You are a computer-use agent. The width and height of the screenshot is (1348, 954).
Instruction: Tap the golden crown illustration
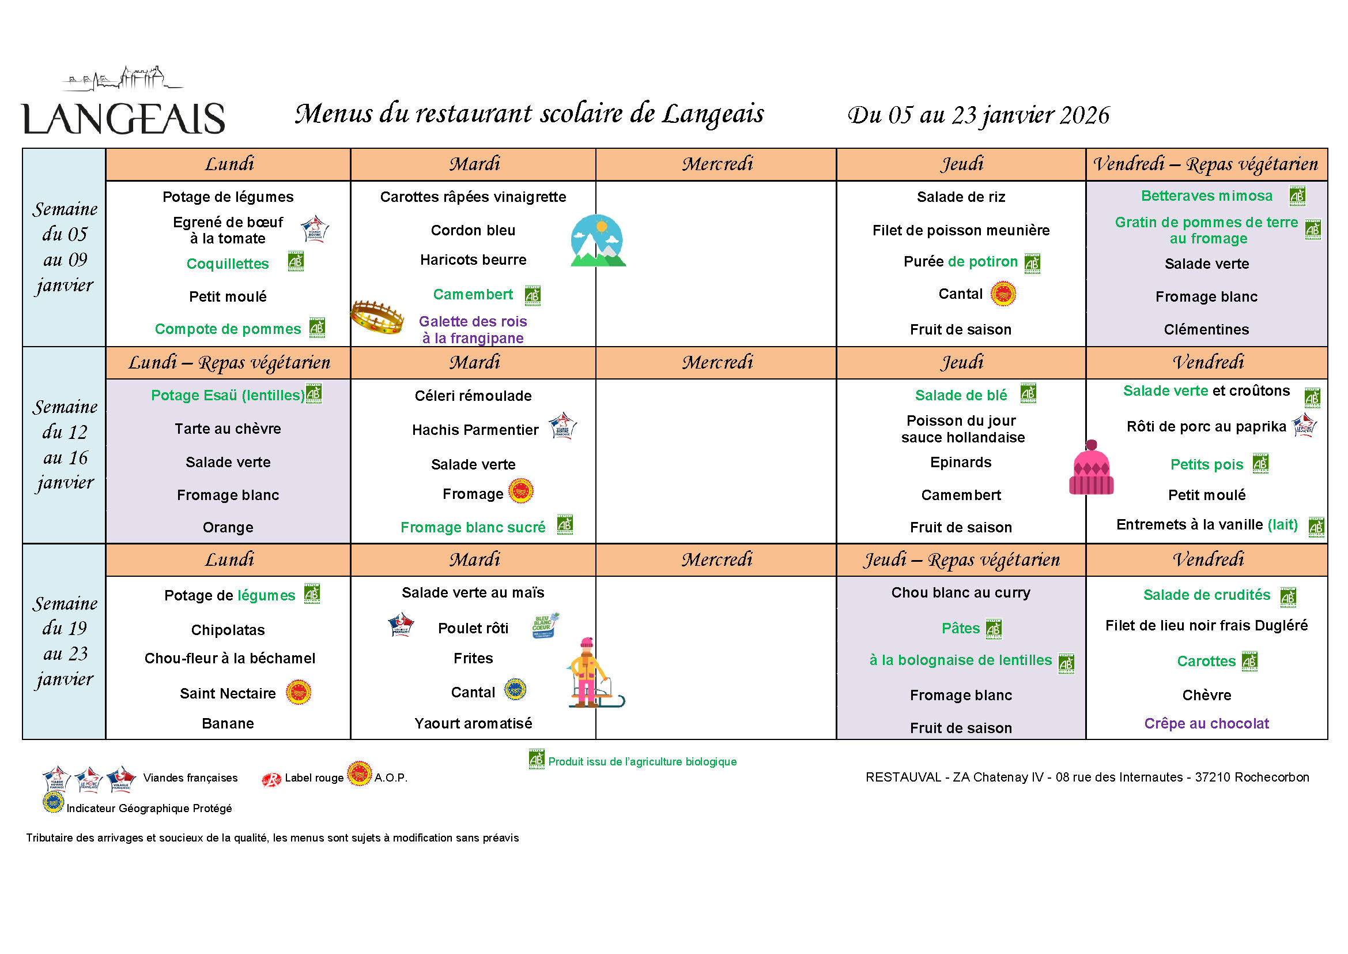click(377, 317)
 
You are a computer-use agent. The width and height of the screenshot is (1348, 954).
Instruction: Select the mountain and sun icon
click(597, 241)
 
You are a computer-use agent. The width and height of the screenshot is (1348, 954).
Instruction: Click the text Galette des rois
click(473, 321)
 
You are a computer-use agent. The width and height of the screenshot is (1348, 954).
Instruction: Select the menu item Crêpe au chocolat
click(1206, 723)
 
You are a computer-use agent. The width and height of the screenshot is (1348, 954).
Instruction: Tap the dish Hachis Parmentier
click(475, 430)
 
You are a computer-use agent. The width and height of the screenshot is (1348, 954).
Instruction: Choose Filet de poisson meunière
click(961, 230)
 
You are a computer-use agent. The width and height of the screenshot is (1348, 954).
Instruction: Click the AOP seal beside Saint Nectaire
click(299, 693)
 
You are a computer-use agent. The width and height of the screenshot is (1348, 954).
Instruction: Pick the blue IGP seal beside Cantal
click(515, 690)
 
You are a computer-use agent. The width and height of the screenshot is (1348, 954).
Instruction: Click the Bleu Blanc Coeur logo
click(543, 626)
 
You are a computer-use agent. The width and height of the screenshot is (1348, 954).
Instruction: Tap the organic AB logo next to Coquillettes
click(295, 262)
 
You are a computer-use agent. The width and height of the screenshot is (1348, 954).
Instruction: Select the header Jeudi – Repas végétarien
click(961, 560)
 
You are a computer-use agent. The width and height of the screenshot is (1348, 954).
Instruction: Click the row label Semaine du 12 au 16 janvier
click(65, 445)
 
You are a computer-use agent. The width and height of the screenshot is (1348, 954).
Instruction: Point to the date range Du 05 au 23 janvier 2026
click(978, 115)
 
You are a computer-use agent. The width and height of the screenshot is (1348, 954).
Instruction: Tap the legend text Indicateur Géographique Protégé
click(149, 808)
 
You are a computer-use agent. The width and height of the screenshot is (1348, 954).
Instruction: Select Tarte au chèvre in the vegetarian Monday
click(228, 429)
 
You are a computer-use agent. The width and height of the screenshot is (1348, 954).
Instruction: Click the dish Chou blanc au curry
click(961, 593)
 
